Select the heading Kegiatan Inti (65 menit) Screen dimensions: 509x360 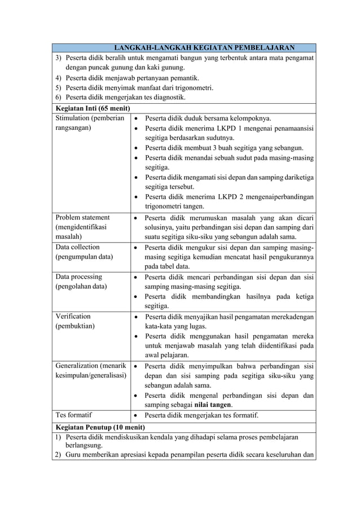pyautogui.click(x=93, y=108)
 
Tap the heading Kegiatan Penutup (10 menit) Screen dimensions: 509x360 pyautogui.click(x=99, y=427)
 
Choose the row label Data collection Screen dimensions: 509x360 pyautogui.click(x=77, y=247)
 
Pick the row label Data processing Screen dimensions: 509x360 pyautogui.click(x=78, y=277)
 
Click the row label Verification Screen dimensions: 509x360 pyautogui.click(x=73, y=316)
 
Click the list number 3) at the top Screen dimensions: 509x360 pyautogui.click(x=58, y=58)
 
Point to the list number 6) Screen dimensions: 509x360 pyautogui.click(x=58, y=97)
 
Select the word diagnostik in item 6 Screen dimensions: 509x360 pyautogui.click(x=168, y=97)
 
